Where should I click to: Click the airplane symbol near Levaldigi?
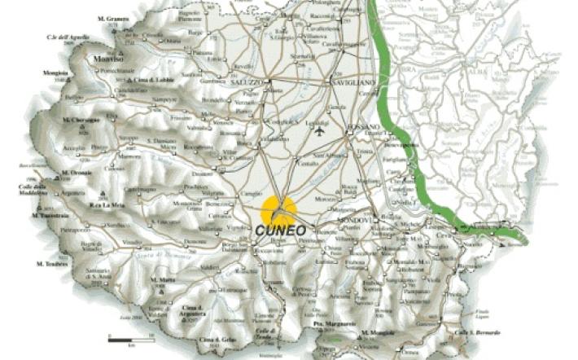pyautogui.click(x=319, y=130)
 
